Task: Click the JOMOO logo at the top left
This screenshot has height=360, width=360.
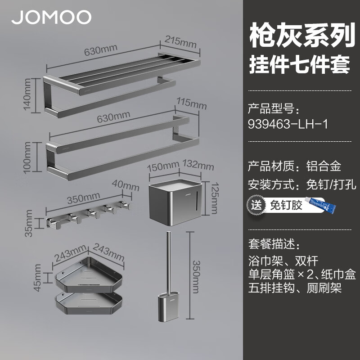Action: click(51, 17)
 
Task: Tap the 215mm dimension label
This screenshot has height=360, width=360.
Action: click(180, 42)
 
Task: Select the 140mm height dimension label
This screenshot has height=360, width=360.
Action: click(27, 94)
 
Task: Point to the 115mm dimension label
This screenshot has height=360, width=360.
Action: click(192, 103)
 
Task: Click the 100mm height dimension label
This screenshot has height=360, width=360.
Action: click(27, 157)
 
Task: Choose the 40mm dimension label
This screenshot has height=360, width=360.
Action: click(126, 186)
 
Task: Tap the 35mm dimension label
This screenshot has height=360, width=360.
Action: click(29, 223)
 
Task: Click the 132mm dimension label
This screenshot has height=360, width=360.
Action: click(198, 165)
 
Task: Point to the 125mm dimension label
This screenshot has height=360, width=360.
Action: click(215, 198)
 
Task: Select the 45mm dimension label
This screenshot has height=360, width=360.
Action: click(37, 278)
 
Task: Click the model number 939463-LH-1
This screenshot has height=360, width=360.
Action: click(288, 124)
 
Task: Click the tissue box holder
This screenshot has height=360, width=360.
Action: click(175, 202)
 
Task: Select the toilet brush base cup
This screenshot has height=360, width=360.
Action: click(168, 306)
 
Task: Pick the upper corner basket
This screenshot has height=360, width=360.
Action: click(89, 274)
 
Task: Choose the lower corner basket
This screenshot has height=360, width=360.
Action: click(89, 302)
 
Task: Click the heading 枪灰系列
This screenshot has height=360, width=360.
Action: click(302, 36)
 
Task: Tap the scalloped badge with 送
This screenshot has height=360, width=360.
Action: click(256, 205)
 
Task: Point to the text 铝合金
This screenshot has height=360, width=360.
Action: click(324, 166)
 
